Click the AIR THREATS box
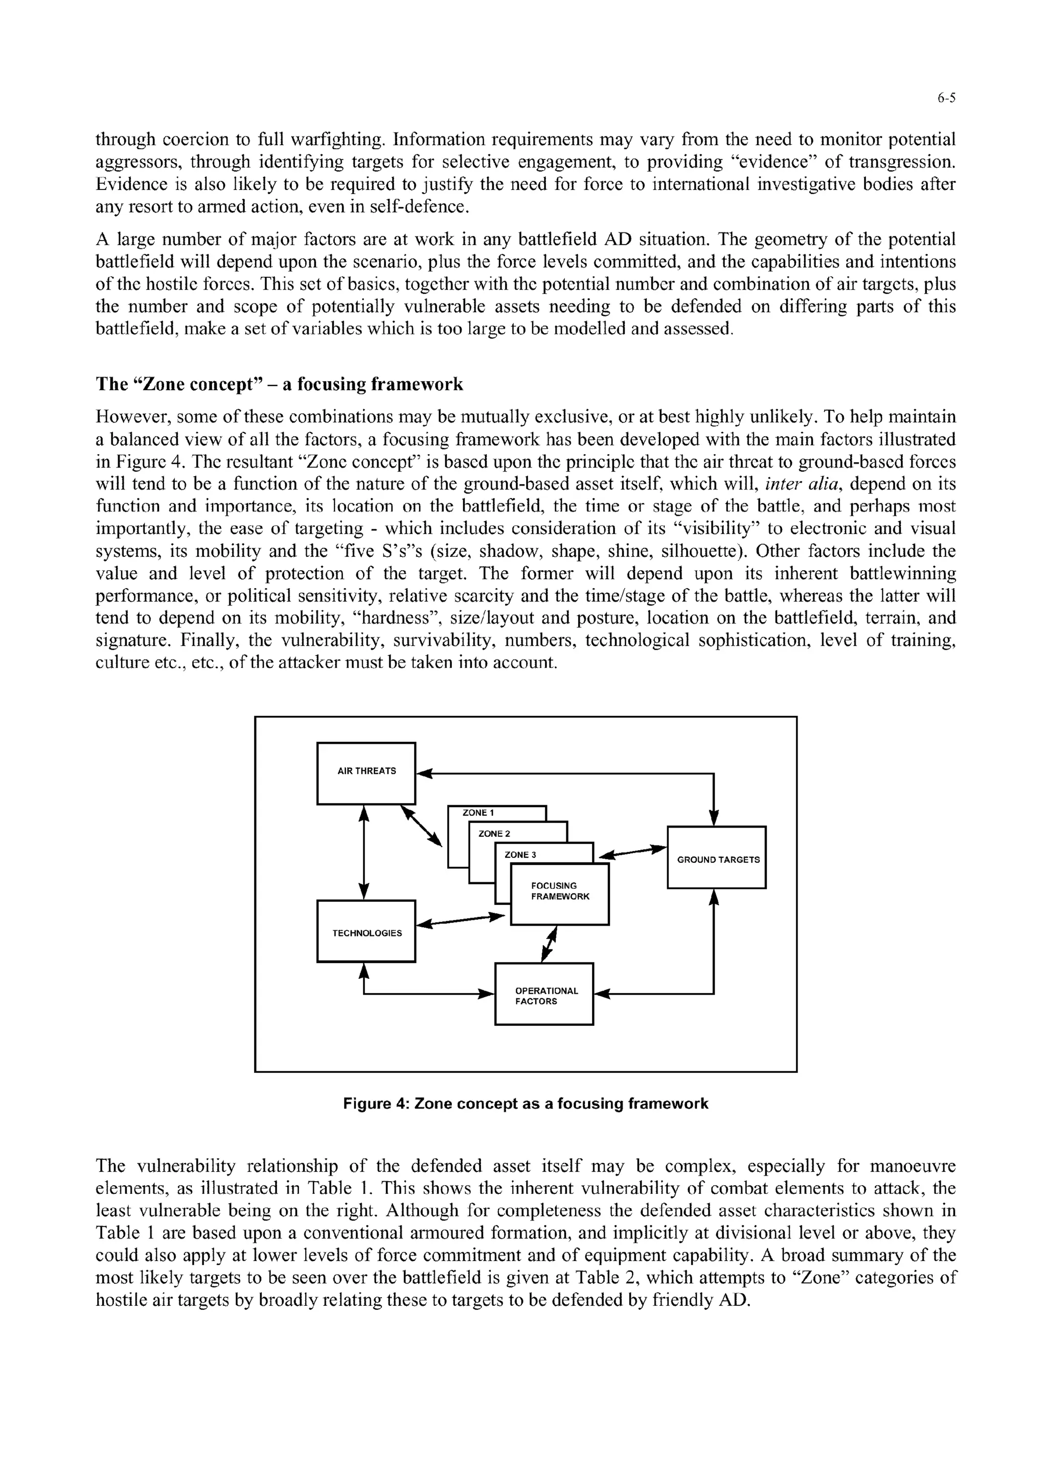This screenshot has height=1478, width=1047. [x=366, y=772]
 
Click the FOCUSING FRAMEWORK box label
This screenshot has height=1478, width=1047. [x=560, y=891]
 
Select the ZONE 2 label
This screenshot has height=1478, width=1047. [x=494, y=834]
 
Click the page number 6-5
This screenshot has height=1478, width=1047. [x=946, y=99]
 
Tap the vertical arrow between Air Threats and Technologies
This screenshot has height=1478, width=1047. [x=365, y=852]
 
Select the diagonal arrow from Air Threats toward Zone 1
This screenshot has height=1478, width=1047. [x=422, y=826]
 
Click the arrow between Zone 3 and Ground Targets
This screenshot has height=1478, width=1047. [x=632, y=852]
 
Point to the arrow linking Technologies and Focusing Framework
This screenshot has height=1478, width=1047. [x=460, y=921]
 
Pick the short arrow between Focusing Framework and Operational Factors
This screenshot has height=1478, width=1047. [x=549, y=944]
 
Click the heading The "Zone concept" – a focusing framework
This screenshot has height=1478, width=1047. [x=279, y=385]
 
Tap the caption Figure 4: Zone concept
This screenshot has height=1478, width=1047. [x=526, y=1104]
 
